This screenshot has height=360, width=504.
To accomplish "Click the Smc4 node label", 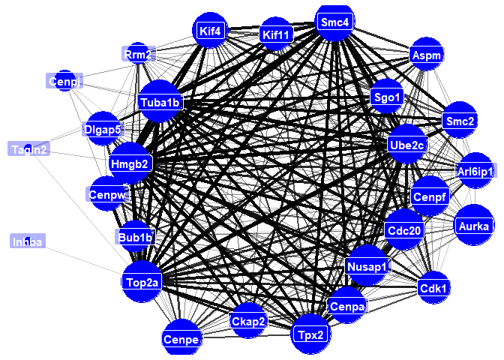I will [334, 22].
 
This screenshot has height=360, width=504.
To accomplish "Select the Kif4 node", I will [210, 31].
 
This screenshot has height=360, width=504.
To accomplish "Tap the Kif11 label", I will [276, 34].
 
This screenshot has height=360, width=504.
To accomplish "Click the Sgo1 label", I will [387, 96].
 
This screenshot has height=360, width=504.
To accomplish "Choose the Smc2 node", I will [460, 121].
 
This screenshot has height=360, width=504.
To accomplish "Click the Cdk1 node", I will [434, 288].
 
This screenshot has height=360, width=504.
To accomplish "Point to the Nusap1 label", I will [367, 266].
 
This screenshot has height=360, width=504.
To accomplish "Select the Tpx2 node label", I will [310, 334].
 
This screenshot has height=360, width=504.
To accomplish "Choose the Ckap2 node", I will [248, 322].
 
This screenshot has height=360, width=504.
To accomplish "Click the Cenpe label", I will [182, 340].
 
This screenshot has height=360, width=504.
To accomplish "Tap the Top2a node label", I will [142, 282].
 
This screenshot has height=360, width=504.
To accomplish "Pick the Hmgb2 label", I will [131, 163].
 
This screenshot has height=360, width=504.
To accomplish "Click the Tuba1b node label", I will [160, 102].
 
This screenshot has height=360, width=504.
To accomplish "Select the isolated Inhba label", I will [28, 241].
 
